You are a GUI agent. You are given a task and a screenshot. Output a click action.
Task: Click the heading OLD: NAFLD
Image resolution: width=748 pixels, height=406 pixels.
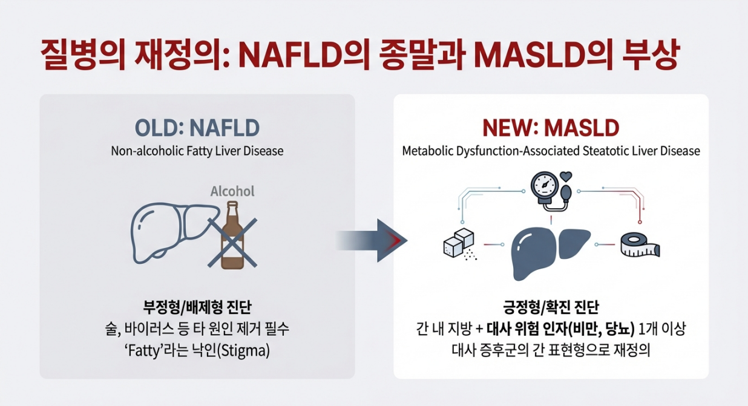pyautogui.click(x=197, y=128)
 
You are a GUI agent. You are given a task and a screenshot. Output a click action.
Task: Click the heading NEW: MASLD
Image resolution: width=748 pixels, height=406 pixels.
pyautogui.click(x=550, y=128)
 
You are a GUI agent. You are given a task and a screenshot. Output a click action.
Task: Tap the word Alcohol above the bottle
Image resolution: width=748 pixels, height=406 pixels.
pyautogui.click(x=232, y=192)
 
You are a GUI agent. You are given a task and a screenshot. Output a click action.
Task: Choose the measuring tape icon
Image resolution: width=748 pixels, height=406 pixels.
pyautogui.click(x=640, y=245)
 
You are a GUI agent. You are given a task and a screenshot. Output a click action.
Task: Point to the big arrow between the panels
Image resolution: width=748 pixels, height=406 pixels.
pyautogui.click(x=372, y=240)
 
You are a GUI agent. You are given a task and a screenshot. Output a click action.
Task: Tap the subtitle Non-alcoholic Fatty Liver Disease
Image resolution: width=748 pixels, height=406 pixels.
pyautogui.click(x=197, y=151)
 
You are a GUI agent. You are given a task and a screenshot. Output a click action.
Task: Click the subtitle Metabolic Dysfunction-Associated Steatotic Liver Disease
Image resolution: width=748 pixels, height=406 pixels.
pyautogui.click(x=551, y=151)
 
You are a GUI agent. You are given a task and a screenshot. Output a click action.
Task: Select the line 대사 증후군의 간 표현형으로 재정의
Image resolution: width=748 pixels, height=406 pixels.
pyautogui.click(x=551, y=350)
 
